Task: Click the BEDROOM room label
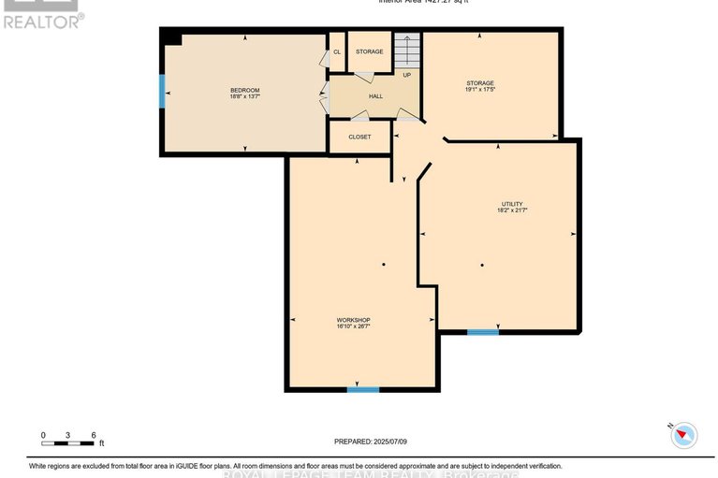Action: click(244, 90)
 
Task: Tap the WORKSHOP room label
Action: click(354, 320)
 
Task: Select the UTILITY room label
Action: click(512, 204)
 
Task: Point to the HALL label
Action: click(375, 96)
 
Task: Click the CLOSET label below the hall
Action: click(359, 137)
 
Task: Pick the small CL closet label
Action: click(337, 51)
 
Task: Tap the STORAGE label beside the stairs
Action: click(369, 51)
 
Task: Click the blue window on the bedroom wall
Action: click(161, 90)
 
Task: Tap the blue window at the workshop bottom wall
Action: click(362, 388)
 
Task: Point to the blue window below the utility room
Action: click(483, 331)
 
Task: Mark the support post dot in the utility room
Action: click(482, 266)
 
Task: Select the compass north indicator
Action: click(685, 434)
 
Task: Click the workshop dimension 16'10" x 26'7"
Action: click(354, 326)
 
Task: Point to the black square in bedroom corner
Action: click(170, 36)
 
